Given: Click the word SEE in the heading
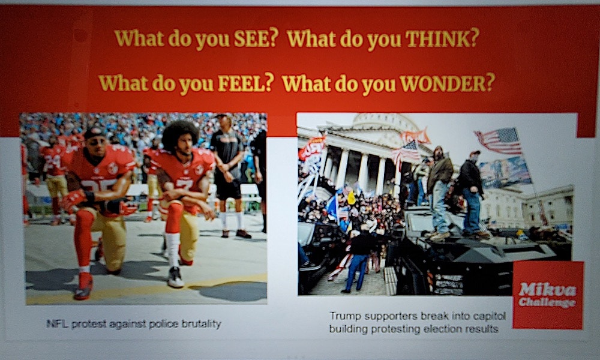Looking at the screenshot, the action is pos(254,38).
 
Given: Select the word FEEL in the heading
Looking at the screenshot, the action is pos(245,83).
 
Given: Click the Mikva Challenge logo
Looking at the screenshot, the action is pos(548,295).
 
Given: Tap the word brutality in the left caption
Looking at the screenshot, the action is pos(201,324).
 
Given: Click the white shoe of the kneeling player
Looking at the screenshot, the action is pos(175,277).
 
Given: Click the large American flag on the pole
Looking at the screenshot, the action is pos(499,142).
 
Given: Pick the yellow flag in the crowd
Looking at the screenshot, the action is pos(351,197).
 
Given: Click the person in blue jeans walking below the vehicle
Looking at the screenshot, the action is pos(358,261).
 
